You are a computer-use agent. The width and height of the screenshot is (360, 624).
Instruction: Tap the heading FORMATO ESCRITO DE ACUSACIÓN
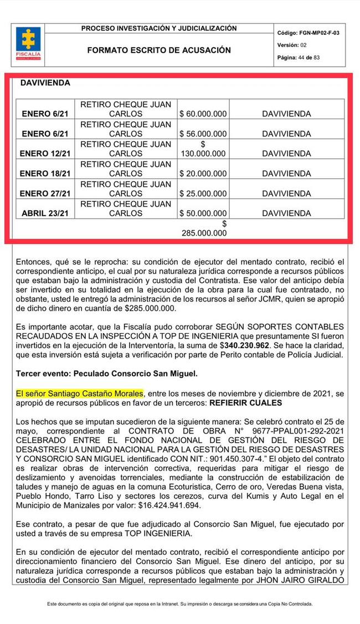point(159,50)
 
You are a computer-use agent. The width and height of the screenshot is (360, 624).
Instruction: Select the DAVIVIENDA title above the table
point(45,82)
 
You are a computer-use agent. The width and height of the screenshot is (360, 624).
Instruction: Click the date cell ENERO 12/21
point(45,153)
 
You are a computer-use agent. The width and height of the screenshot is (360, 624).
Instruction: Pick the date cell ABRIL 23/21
point(45,213)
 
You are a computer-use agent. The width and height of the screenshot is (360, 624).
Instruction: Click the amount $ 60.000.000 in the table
point(203,114)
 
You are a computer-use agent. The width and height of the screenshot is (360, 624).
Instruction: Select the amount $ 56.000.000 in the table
point(203,134)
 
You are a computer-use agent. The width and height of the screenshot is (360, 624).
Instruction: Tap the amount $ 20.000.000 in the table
point(203,173)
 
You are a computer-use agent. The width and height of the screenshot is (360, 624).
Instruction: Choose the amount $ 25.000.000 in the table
point(203,194)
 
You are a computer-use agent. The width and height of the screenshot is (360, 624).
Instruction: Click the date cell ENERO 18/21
point(45,173)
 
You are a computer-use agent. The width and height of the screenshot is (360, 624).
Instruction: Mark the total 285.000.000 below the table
point(204,233)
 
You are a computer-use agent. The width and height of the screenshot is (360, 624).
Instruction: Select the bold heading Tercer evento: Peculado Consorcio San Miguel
point(106,374)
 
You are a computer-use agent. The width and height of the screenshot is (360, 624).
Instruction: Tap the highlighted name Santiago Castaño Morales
point(80,393)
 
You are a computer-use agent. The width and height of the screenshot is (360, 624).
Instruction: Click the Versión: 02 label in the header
point(291,45)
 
